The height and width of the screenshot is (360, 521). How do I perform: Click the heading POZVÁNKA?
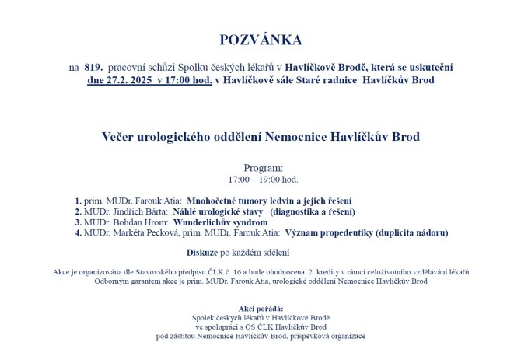coord(260,40)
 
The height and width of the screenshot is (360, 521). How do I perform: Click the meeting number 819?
coord(95,68)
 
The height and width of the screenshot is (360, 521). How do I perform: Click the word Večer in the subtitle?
coord(121,137)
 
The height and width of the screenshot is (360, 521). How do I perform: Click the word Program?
coord(263,168)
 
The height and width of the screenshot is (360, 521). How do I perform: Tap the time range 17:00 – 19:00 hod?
coord(260,179)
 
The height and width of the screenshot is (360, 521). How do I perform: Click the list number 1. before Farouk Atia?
coord(79,200)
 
